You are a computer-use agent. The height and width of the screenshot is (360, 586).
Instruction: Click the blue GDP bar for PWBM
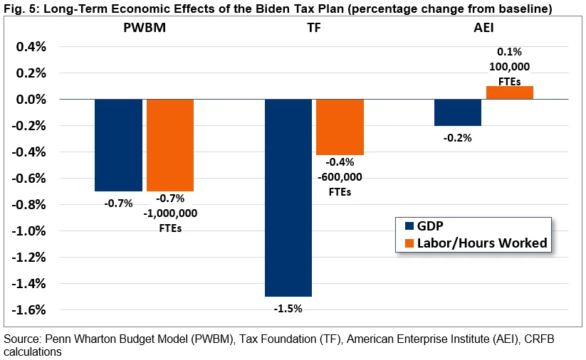(x=118, y=145)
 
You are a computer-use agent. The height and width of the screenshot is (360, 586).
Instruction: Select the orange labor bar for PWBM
(x=170, y=145)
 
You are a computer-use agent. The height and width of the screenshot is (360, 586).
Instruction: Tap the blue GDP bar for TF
(x=288, y=198)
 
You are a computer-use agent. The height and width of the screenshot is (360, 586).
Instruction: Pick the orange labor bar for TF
(x=340, y=127)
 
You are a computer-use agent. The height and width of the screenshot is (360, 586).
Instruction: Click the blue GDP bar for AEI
(x=458, y=112)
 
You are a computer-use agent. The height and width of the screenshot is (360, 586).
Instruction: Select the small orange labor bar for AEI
(x=510, y=92)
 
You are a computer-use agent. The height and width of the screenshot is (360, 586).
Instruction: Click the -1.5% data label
(x=288, y=308)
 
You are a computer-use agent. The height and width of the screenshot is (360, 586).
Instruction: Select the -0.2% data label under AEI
(x=458, y=138)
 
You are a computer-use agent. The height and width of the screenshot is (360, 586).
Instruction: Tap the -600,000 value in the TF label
(x=340, y=178)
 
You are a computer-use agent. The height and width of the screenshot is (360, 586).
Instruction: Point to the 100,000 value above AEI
(x=509, y=67)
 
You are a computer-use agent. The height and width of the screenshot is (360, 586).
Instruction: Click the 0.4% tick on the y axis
(x=31, y=47)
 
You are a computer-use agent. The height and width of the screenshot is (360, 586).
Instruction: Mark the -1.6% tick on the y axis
(x=29, y=310)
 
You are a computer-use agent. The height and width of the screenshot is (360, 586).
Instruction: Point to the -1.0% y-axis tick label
(x=29, y=231)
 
